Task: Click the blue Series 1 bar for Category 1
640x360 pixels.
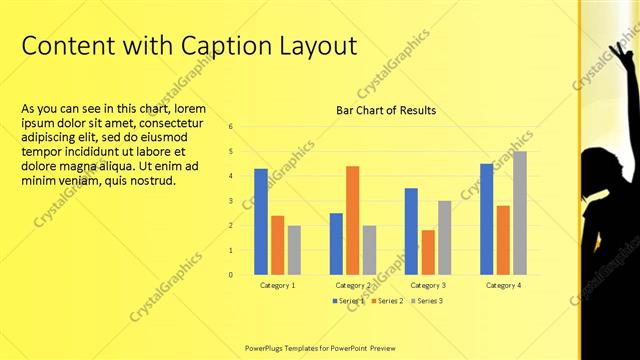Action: tap(261, 221)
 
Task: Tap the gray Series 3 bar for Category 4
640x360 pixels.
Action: tap(519, 213)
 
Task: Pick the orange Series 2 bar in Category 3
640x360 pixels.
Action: tap(428, 252)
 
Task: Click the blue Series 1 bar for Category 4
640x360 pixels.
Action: tap(486, 219)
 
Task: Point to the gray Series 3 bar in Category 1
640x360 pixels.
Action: tap(294, 250)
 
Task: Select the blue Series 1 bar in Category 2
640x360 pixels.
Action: tap(336, 243)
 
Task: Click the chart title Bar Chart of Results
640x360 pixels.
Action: tap(385, 110)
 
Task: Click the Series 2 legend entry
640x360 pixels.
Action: tap(387, 300)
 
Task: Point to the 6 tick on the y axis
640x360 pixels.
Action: tap(230, 127)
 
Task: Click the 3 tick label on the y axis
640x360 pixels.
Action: tap(230, 201)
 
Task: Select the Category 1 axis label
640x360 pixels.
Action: tap(278, 286)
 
